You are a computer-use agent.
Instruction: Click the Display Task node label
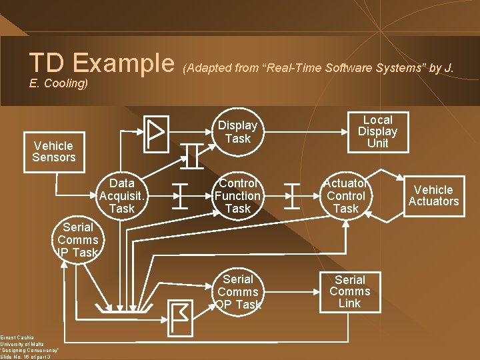(237, 132)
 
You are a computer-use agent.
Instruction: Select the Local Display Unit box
(377, 131)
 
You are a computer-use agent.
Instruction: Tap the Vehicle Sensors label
(54, 151)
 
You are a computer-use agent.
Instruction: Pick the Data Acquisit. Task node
(121, 196)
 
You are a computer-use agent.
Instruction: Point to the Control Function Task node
(237, 196)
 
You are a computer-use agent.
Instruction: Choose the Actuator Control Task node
(345, 196)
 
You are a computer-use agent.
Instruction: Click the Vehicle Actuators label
(433, 195)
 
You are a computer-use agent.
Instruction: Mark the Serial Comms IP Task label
(77, 240)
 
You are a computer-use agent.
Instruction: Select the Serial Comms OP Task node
(237, 292)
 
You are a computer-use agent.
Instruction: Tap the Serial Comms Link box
(350, 292)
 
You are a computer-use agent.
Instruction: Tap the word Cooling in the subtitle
(65, 84)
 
